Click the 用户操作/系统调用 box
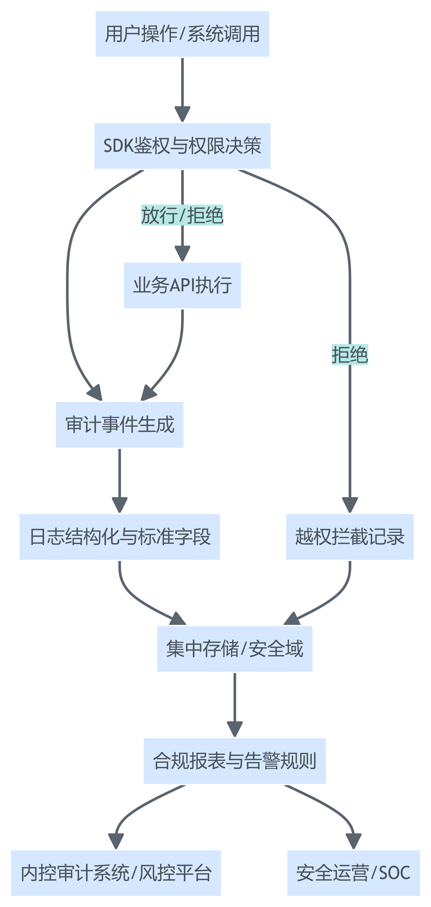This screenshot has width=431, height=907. pyautogui.click(x=182, y=34)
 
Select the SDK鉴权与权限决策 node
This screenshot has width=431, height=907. pyautogui.click(x=182, y=146)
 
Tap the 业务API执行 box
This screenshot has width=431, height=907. pyautogui.click(x=182, y=285)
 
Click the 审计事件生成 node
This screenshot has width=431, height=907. pyautogui.click(x=120, y=425)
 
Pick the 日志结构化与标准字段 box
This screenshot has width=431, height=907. pyautogui.click(x=120, y=537)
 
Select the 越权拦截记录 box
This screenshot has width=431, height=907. pyautogui.click(x=350, y=537)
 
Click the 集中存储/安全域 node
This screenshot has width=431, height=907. pyautogui.click(x=235, y=649)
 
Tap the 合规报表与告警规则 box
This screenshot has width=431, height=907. pyautogui.click(x=235, y=760)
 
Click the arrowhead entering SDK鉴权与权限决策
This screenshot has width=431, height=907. pyautogui.click(x=182, y=114)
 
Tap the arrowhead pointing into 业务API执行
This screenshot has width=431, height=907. pyautogui.click(x=182, y=254)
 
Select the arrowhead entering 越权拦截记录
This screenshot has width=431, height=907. pyautogui.click(x=350, y=505)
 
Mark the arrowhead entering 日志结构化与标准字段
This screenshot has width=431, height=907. pyautogui.click(x=120, y=505)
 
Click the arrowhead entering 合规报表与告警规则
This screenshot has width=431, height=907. pyautogui.click(x=235, y=729)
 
